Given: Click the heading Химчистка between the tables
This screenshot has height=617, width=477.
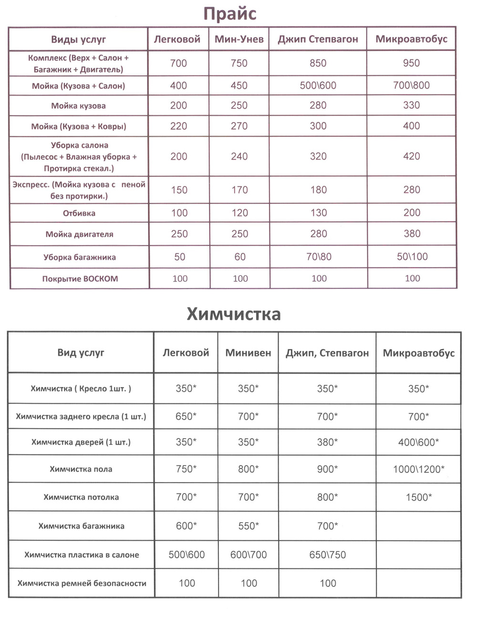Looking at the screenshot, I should point(233,314).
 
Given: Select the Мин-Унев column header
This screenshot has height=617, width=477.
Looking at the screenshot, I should point(239,39).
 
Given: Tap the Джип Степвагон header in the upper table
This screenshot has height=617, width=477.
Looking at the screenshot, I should point(318,39).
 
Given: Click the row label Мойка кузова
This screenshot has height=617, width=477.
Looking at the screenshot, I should point(78,106).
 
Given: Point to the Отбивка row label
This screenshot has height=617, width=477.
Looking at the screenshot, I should point(79,213).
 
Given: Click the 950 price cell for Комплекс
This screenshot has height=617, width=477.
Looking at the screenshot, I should point(411,63).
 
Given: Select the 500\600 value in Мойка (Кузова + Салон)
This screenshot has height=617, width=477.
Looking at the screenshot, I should point(318,86).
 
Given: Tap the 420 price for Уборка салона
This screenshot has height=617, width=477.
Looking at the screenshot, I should point(411,156).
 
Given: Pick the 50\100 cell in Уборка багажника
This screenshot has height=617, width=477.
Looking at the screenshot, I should point(412,257).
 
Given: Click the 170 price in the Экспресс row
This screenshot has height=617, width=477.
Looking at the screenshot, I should point(239,190).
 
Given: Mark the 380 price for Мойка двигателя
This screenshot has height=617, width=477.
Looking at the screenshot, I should point(412,234).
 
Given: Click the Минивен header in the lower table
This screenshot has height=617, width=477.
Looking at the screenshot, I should point(248,353).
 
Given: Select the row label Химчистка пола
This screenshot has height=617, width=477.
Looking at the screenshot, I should point(81,469).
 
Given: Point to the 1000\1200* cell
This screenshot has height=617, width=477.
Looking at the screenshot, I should point(419,469).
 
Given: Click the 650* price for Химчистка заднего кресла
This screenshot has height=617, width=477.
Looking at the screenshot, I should point(186,416).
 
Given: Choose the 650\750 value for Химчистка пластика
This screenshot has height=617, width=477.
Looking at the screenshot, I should point(328,555).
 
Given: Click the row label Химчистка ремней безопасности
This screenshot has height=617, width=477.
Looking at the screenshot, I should point(82,583).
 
